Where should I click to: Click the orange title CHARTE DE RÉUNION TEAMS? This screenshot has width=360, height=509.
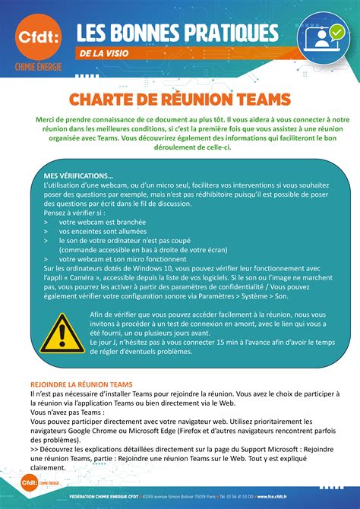(179, 99)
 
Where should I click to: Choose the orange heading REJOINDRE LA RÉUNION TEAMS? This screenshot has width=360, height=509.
(81, 384)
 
